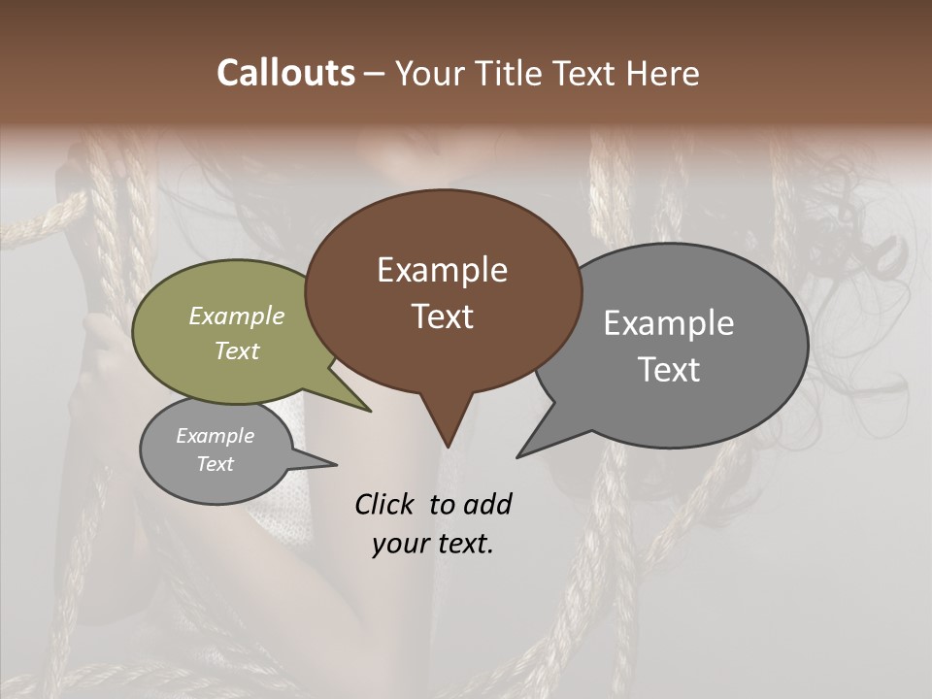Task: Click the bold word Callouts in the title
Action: click(285, 73)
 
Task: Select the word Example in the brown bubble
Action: click(442, 270)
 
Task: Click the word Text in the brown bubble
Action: click(442, 316)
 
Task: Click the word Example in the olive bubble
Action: click(237, 316)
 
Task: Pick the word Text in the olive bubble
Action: click(237, 350)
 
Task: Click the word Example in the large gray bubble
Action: click(669, 323)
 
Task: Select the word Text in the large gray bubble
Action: click(669, 370)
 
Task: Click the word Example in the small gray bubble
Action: click(216, 436)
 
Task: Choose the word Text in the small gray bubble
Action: click(216, 464)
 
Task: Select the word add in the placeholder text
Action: click(487, 504)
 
